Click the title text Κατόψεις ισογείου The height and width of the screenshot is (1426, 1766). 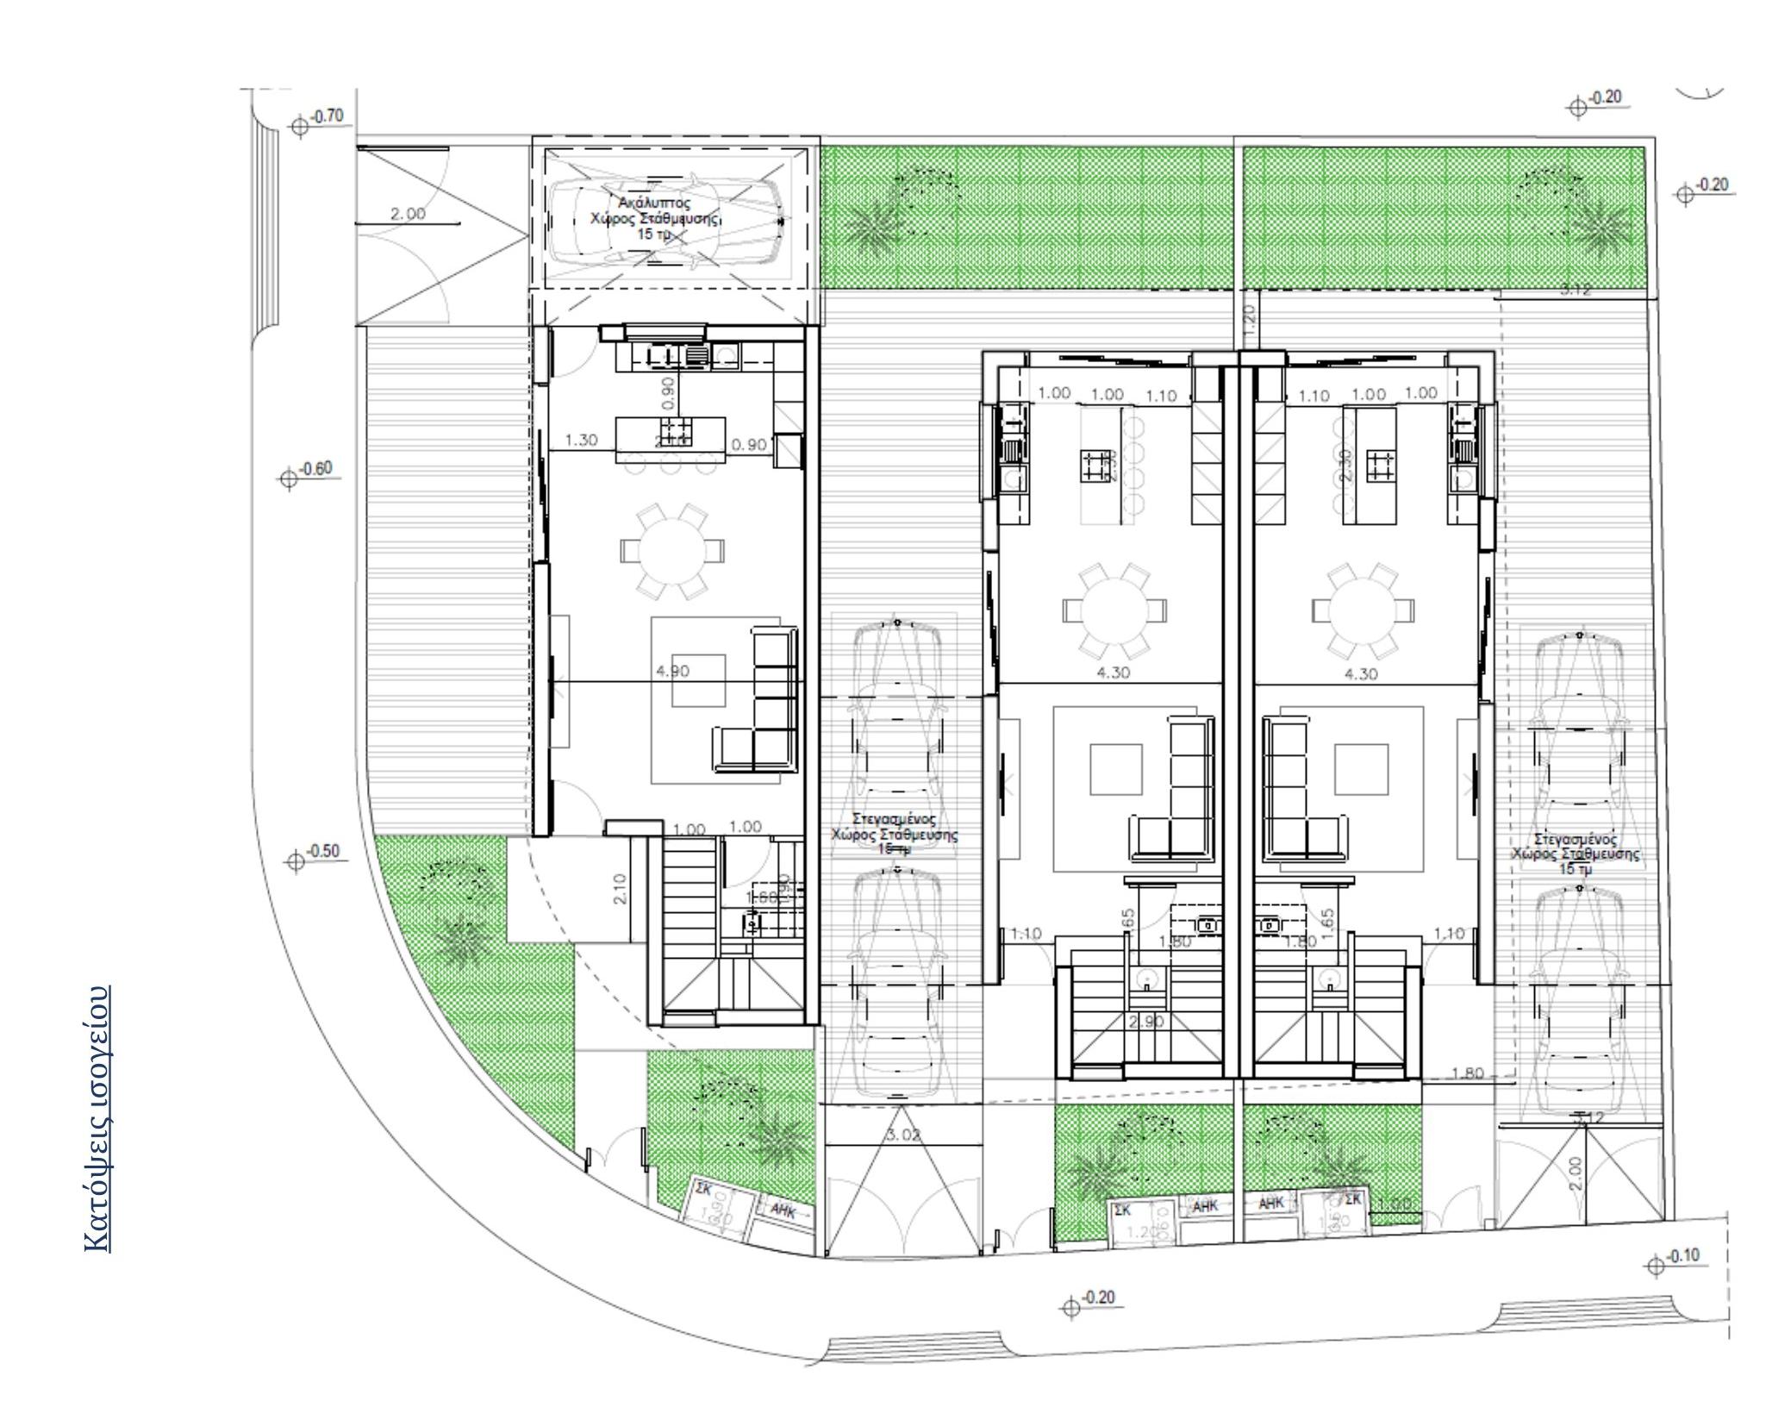pos(97,1117)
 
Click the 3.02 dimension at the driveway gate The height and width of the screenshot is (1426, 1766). pos(902,1135)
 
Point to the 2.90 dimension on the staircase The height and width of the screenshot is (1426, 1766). pos(1146,1022)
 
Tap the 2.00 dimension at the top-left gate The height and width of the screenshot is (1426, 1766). pos(408,215)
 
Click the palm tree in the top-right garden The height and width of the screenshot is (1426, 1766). pos(1601,227)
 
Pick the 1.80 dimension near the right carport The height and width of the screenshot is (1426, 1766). pos(1468,1073)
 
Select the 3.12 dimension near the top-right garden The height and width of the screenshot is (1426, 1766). pos(1576,291)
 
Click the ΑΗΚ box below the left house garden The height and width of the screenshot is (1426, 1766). pos(783,1210)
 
